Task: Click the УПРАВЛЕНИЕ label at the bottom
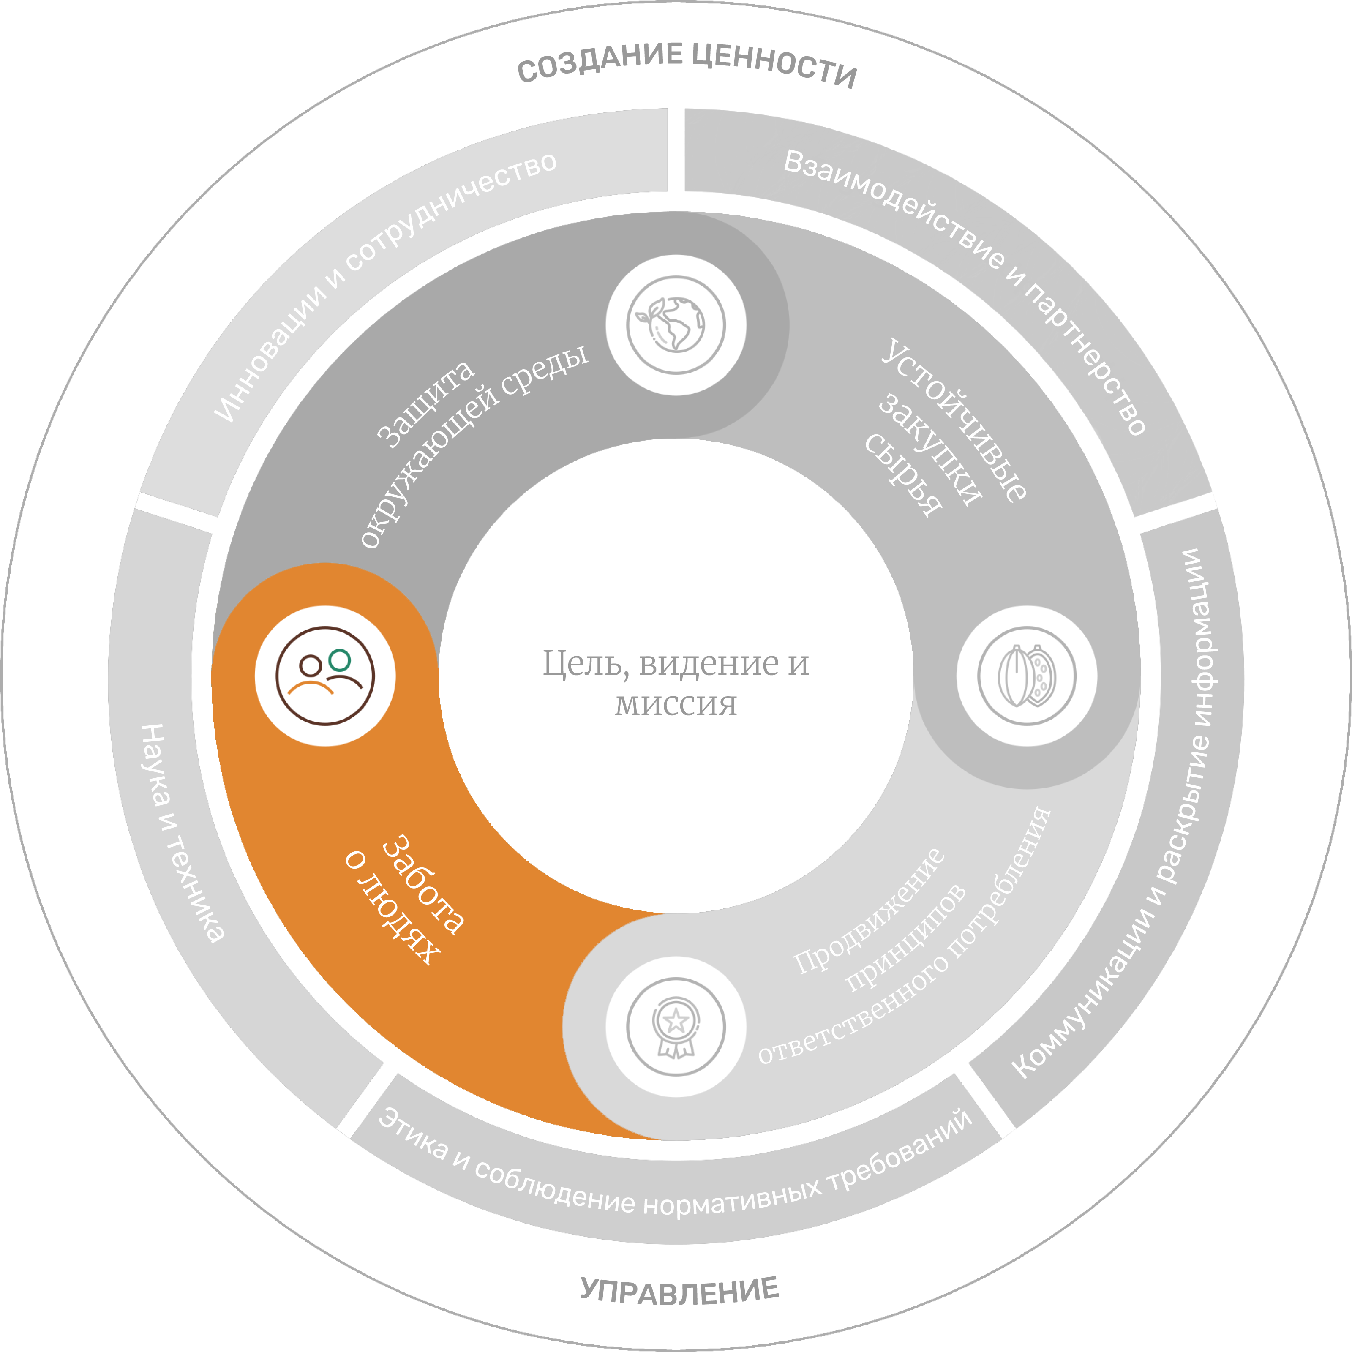(679, 1289)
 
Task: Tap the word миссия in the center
(676, 703)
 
